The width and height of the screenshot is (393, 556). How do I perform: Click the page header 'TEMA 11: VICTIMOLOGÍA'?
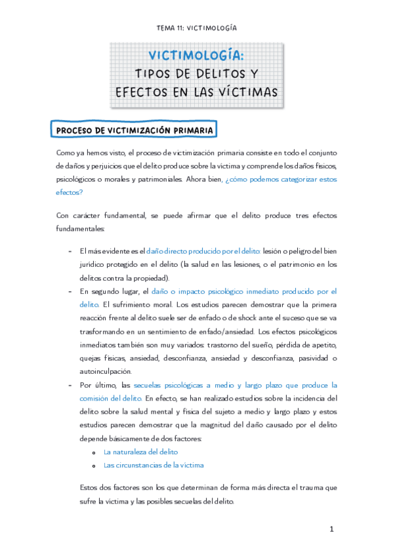pyautogui.click(x=196, y=28)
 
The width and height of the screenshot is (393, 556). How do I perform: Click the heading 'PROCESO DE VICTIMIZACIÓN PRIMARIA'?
pyautogui.click(x=134, y=130)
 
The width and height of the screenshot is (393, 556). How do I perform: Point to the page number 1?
pyautogui.click(x=332, y=528)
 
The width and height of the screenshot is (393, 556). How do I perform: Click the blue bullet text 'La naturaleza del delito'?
pyautogui.click(x=140, y=452)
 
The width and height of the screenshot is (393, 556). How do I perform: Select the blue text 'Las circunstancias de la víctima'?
pyautogui.click(x=154, y=465)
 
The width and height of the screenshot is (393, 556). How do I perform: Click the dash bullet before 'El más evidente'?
pyautogui.click(x=70, y=251)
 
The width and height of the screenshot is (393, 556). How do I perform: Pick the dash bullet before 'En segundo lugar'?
pyautogui.click(x=70, y=291)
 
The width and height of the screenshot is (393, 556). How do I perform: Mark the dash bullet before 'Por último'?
pyautogui.click(x=70, y=385)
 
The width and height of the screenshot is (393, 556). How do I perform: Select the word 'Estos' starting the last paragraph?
pyautogui.click(x=87, y=488)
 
